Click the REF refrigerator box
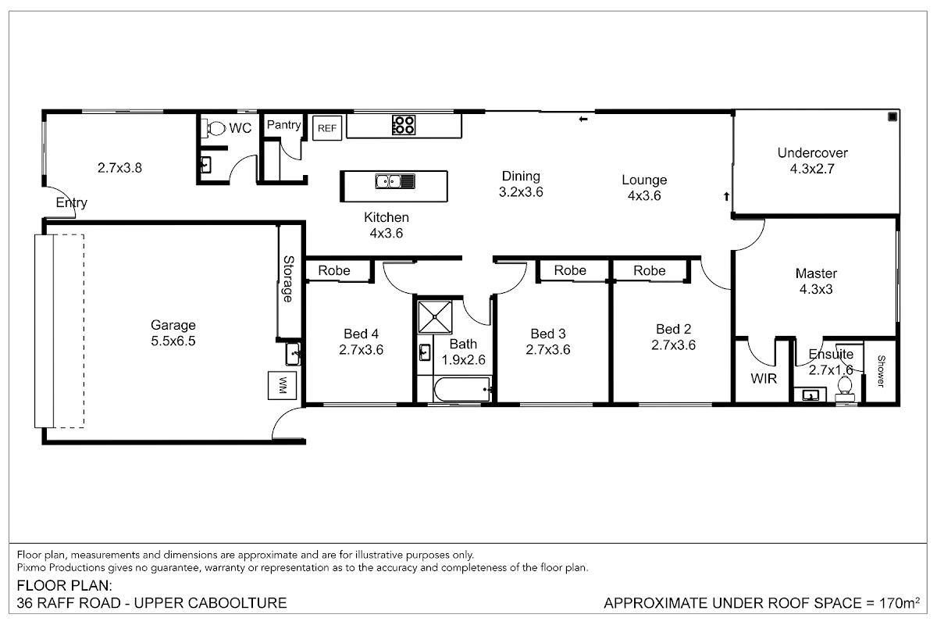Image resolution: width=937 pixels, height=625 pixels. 327,127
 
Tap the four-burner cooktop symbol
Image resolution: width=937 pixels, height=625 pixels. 404,125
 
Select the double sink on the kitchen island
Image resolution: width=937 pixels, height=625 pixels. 395,182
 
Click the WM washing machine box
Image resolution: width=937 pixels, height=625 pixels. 283,385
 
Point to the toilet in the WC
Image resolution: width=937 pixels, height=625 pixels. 213,127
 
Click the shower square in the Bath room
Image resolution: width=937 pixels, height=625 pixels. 435,317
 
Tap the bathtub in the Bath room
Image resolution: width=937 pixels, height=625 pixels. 461,389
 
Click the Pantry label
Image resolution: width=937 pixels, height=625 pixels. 283,125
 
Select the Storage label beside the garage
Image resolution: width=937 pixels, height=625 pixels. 288,279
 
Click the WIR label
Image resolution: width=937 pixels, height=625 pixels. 764,378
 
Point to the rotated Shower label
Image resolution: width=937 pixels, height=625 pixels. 881,371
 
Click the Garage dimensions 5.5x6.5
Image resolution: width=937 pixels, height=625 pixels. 173,341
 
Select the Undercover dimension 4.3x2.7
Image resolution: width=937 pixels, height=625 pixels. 812,169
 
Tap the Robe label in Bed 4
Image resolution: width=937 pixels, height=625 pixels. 334,270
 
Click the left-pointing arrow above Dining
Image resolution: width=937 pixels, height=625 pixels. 583,120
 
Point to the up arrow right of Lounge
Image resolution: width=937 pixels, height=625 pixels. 727,196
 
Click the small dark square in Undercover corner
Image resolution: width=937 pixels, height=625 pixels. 892,116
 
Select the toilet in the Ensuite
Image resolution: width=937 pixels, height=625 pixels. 845,386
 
